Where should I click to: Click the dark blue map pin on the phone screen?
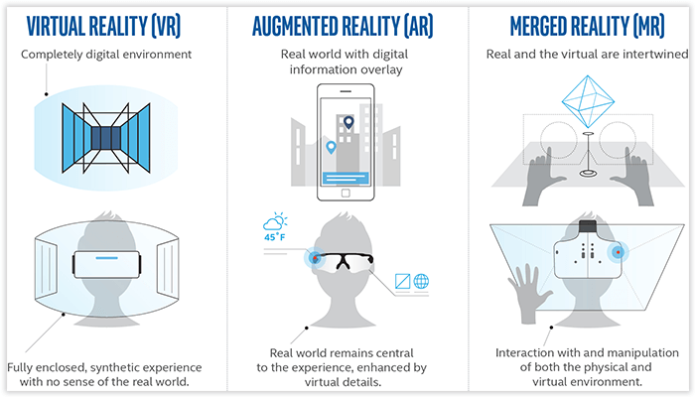pyautogui.click(x=348, y=124)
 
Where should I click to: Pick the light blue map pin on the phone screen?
pyautogui.click(x=332, y=147)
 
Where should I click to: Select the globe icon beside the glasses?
pyautogui.click(x=420, y=281)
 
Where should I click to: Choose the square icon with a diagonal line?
pyautogui.click(x=401, y=281)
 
